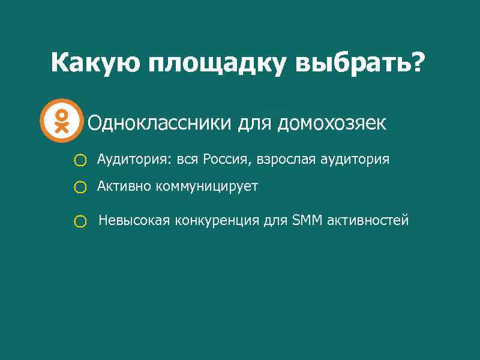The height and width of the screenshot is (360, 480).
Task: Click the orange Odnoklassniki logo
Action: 61,120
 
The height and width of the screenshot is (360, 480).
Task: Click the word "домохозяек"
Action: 331,124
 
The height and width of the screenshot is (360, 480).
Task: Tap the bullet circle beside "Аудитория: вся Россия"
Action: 80,160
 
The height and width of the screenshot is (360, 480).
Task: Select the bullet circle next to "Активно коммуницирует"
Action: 80,188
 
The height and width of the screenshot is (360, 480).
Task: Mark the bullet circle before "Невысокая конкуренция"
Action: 80,222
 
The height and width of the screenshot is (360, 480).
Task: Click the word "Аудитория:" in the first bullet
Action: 132,160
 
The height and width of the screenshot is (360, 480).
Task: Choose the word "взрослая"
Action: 286,160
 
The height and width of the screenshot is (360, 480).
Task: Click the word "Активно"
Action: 124,186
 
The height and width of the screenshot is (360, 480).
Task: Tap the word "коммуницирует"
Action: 207,187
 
